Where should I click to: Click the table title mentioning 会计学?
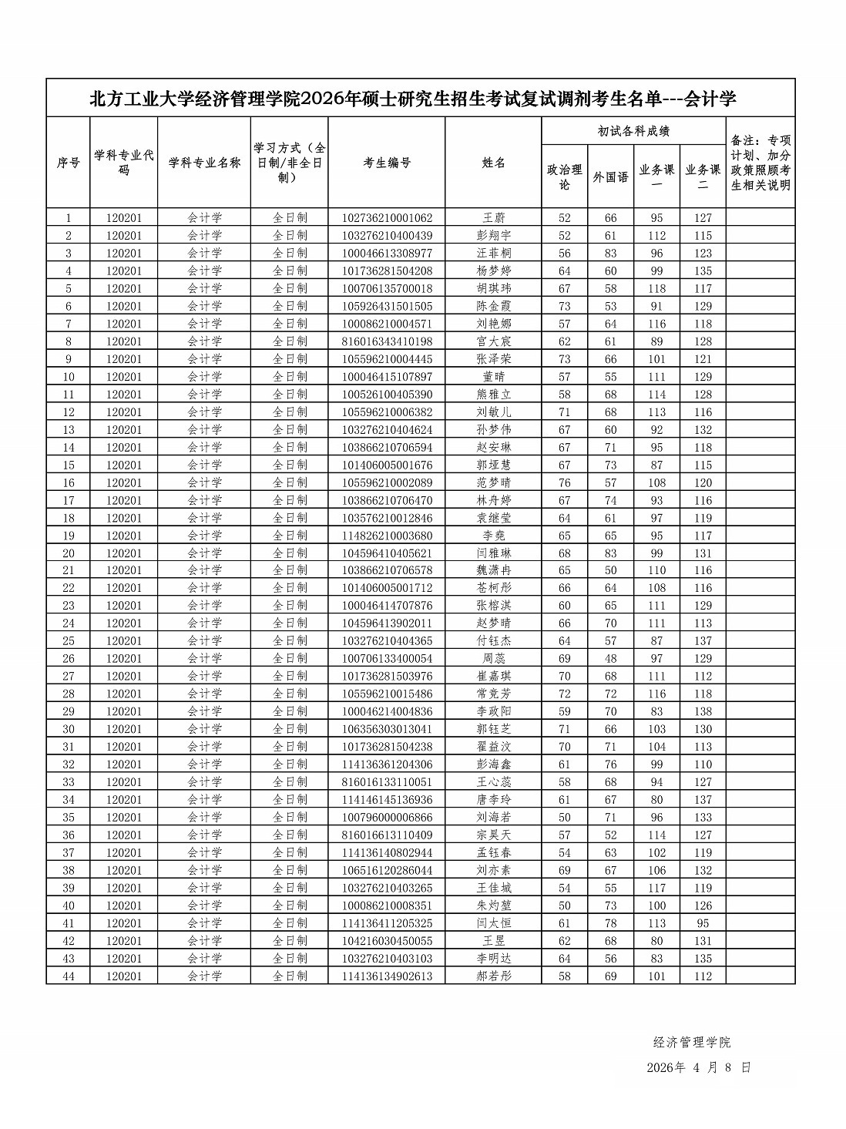pos(413,99)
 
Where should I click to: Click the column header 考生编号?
pos(387,163)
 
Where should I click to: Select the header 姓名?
pos(493,163)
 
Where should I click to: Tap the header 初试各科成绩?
pos(633,131)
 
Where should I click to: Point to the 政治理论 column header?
pos(564,176)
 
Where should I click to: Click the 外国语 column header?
pos(610,176)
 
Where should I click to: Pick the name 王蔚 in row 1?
pos(493,218)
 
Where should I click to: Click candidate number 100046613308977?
pos(387,254)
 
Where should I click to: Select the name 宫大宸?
pos(493,341)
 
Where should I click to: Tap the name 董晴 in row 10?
pos(493,377)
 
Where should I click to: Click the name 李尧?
pos(493,536)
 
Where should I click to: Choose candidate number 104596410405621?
pos(387,553)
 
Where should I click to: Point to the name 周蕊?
pos(493,659)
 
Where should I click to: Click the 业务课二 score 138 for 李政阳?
pos(703,711)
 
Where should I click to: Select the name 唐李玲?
pos(493,800)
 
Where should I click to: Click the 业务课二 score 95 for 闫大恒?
pos(703,923)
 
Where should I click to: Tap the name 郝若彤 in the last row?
pos(493,976)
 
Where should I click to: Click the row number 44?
pos(69,976)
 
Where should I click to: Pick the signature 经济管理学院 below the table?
pos(691,1043)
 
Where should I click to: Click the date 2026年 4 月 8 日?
pos(698,1068)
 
